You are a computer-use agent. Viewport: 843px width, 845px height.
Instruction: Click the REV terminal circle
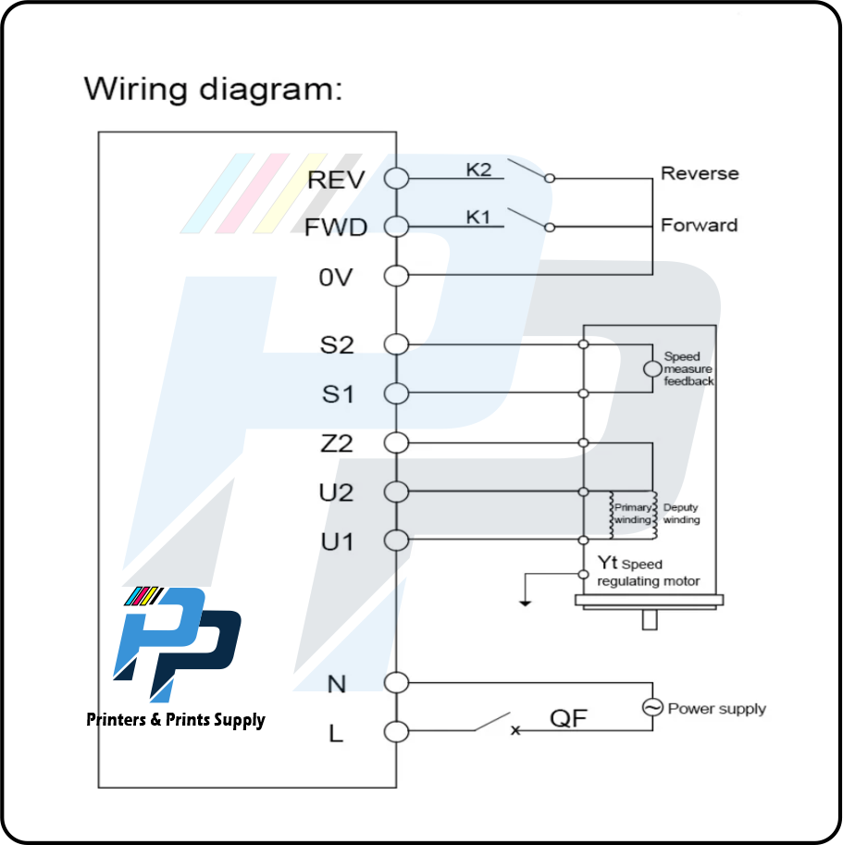[x=396, y=179]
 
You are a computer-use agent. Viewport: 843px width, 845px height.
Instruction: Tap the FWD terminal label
[x=336, y=228]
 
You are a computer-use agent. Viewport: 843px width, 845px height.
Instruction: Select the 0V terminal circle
[x=396, y=276]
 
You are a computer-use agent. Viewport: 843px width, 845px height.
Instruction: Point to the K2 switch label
[x=479, y=168]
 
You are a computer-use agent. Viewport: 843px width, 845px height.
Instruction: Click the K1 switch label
[x=478, y=217]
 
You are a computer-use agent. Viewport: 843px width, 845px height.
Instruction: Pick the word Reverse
[x=700, y=173]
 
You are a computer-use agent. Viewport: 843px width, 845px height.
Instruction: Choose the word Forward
[x=699, y=225]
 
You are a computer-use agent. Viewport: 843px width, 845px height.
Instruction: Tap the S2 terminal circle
[x=396, y=344]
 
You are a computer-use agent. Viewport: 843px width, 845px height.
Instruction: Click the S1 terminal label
[x=338, y=394]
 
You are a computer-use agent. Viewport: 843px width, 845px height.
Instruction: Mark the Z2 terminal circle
[x=396, y=442]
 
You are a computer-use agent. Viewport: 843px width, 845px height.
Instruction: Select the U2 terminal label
[x=337, y=492]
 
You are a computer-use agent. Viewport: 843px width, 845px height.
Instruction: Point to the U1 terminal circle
[x=396, y=540]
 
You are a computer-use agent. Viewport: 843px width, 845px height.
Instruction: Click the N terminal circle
[x=396, y=683]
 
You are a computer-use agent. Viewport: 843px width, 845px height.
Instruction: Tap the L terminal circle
[x=396, y=732]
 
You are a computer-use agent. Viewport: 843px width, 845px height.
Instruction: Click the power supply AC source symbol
[x=652, y=708]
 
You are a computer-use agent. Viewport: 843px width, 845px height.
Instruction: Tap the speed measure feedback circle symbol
[x=652, y=369]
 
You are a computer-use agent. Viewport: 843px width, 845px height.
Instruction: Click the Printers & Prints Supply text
[x=176, y=719]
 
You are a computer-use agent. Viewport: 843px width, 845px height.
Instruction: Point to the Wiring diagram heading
[x=213, y=89]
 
